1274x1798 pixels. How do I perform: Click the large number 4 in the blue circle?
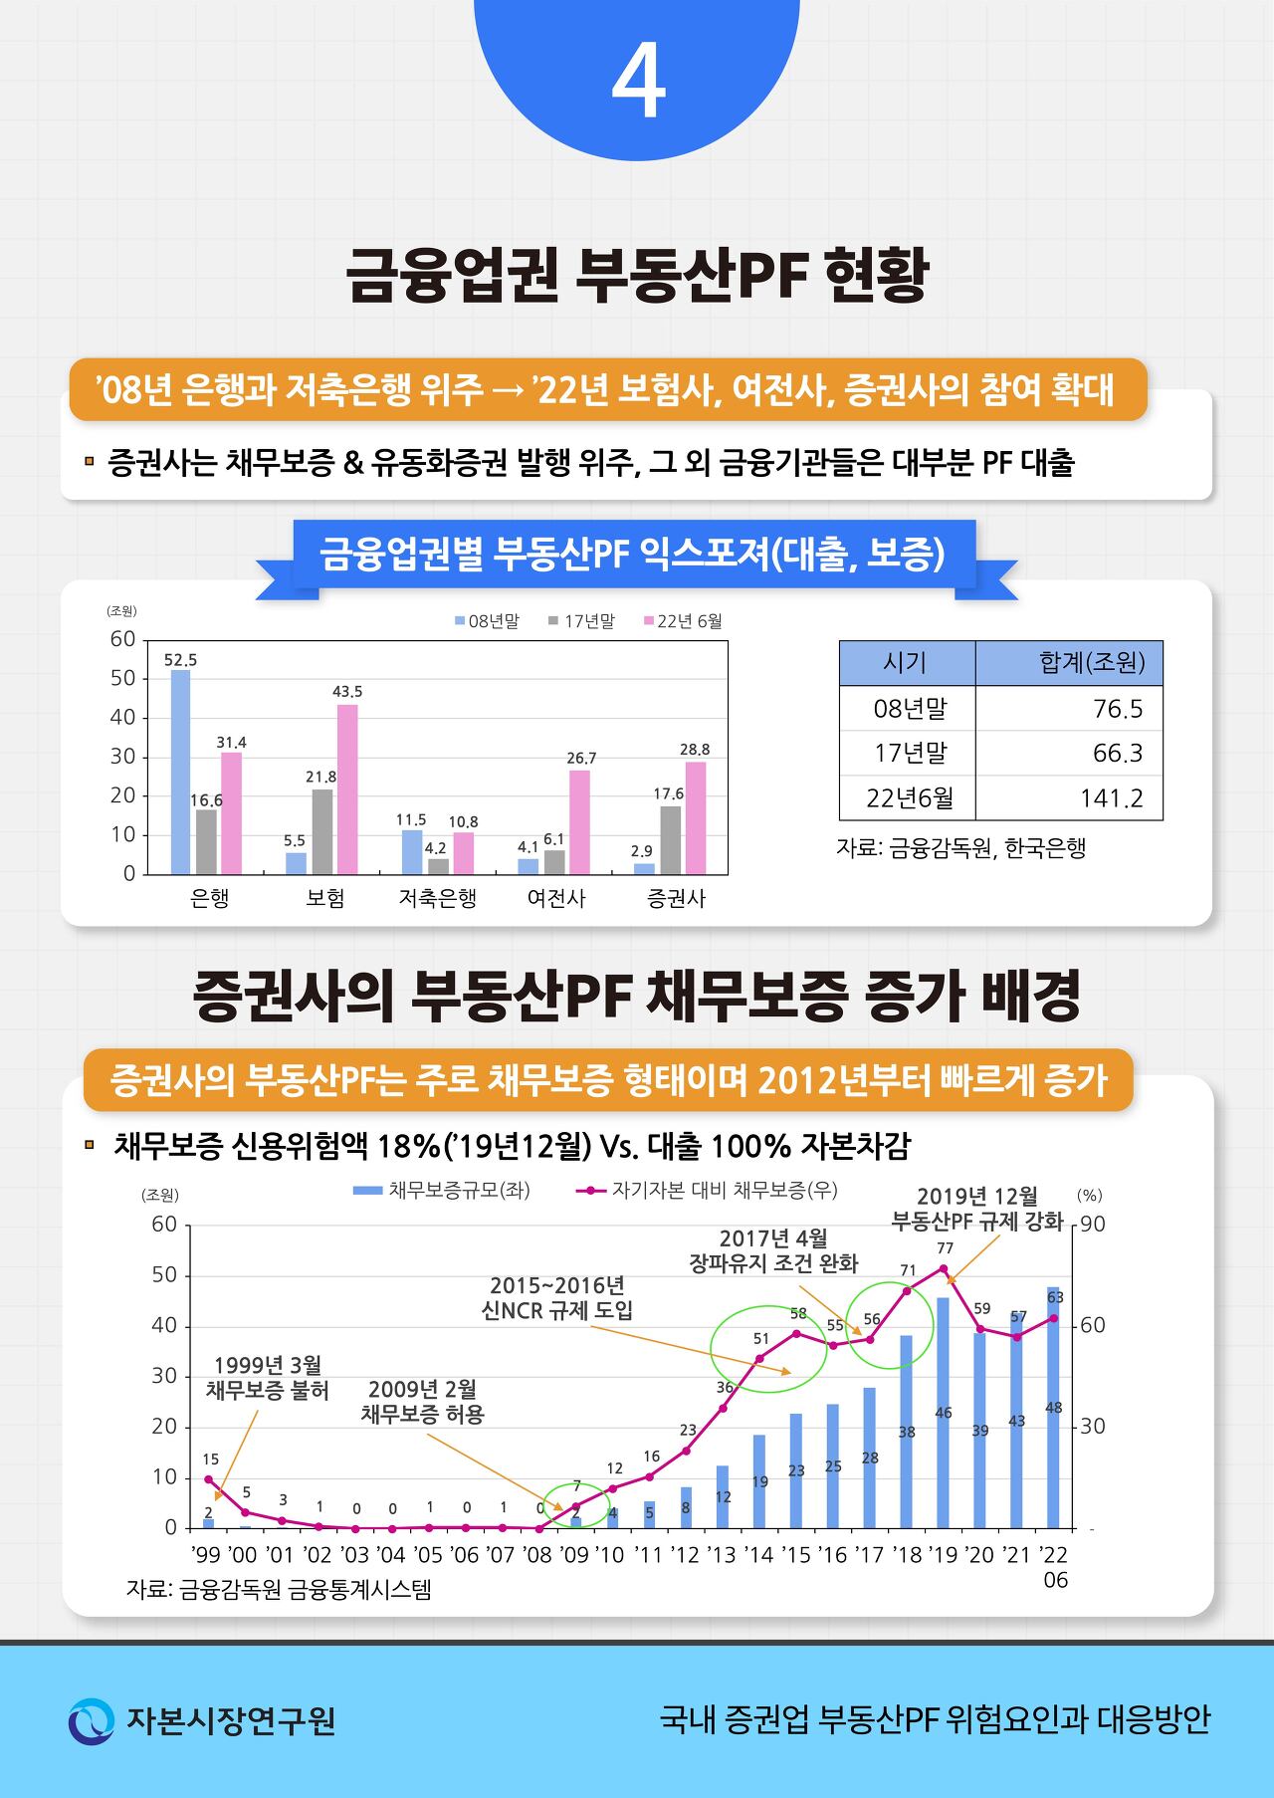tap(637, 86)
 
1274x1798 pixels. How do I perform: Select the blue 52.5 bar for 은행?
tap(180, 772)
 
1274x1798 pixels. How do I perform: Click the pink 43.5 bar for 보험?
tap(347, 788)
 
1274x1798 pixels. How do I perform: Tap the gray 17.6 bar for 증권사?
tap(670, 839)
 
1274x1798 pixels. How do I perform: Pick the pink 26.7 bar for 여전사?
tap(579, 821)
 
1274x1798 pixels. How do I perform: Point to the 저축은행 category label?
tap(437, 898)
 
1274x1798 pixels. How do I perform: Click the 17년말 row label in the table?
tap(910, 754)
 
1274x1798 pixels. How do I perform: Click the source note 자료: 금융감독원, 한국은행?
tap(960, 848)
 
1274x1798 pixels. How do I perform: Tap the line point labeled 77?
tap(944, 1268)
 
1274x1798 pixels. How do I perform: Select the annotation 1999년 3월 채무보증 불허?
tap(268, 1378)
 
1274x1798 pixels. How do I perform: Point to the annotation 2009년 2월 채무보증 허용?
tap(422, 1402)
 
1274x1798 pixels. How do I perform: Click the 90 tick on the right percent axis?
tap(1092, 1225)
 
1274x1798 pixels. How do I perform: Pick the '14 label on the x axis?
tap(758, 1555)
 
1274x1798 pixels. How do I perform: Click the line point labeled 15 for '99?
tap(209, 1479)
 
